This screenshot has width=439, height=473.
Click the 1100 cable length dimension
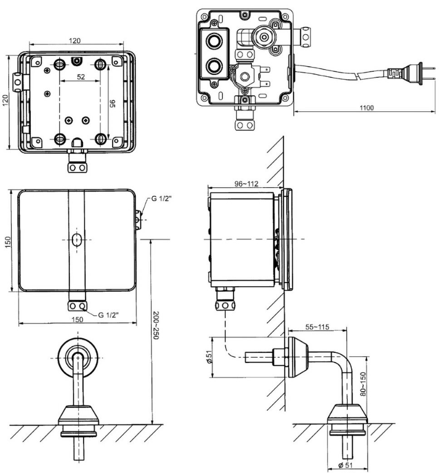[x=366, y=108]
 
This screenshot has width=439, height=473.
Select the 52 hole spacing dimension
[x=81, y=77]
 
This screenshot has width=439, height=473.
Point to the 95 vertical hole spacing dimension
[x=112, y=103]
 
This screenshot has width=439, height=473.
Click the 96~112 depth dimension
[x=240, y=184]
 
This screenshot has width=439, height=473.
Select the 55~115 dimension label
[x=317, y=327]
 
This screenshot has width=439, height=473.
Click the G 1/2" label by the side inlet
[x=161, y=199]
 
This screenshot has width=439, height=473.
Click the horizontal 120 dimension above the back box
[x=75, y=40]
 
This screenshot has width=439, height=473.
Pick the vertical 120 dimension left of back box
[x=5, y=102]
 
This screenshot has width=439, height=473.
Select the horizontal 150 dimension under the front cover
[x=77, y=319]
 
